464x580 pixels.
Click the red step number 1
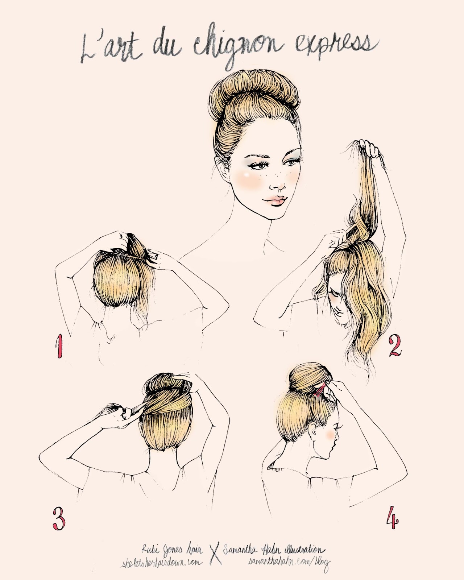point(58,347)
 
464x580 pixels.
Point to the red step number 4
point(393,517)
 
